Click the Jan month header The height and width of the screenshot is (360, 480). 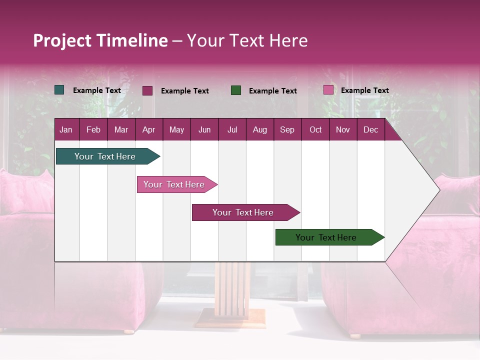coord(66,130)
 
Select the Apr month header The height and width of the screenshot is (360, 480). coord(148,130)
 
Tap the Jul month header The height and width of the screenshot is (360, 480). coord(232,130)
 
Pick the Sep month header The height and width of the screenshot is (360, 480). coord(287,130)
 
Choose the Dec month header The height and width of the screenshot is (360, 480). coord(370,130)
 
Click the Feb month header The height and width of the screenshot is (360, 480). coord(93,130)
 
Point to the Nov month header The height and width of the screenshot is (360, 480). coord(342,130)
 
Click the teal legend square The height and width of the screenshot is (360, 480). coord(59,90)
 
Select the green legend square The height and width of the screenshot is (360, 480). coord(236,90)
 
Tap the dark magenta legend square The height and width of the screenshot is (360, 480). coord(147,90)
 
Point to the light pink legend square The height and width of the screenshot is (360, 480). coord(328,90)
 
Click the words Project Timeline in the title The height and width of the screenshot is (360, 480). coord(100,40)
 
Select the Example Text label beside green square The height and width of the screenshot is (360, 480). coord(272,91)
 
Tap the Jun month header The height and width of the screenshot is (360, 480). coord(204,130)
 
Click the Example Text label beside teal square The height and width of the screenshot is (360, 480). coord(96,90)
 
